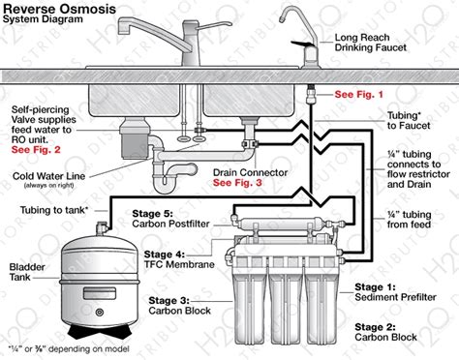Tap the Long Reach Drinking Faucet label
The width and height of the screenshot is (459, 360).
[373, 44]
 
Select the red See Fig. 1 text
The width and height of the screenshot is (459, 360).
[359, 95]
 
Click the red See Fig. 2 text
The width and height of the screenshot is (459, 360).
[37, 150]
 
